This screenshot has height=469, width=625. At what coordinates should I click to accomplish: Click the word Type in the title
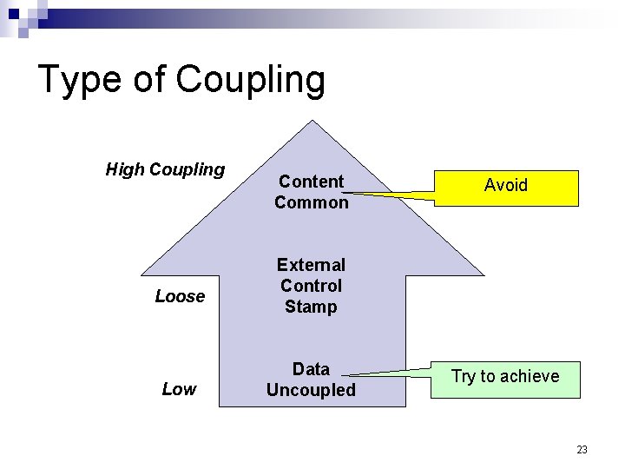[x=81, y=80]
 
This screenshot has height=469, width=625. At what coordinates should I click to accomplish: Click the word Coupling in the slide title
[x=250, y=80]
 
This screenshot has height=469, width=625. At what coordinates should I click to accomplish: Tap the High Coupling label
[x=165, y=169]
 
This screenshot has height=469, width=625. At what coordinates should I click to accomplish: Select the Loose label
[x=180, y=296]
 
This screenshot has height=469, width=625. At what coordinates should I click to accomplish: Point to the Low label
[x=179, y=389]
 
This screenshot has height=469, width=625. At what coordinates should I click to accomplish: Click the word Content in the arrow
[x=311, y=182]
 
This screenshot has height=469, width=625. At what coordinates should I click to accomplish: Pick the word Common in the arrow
[x=311, y=202]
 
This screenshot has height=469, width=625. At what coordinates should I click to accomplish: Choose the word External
[x=311, y=265]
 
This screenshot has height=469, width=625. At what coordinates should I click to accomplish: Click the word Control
[x=311, y=286]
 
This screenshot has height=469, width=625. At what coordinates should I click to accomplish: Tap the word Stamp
[x=311, y=307]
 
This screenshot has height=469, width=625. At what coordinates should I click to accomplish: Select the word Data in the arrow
[x=311, y=369]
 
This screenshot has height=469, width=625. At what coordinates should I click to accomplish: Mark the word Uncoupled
[x=311, y=390]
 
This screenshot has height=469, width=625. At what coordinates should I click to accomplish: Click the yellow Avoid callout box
[x=506, y=187]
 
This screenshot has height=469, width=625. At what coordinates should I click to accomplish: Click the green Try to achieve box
[x=505, y=380]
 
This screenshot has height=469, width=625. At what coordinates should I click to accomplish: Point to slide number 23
[x=582, y=449]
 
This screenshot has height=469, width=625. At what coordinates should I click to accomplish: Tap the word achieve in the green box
[x=530, y=376]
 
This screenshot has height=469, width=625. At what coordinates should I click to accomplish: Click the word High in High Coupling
[x=125, y=169]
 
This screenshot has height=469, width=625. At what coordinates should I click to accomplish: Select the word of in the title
[x=149, y=80]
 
